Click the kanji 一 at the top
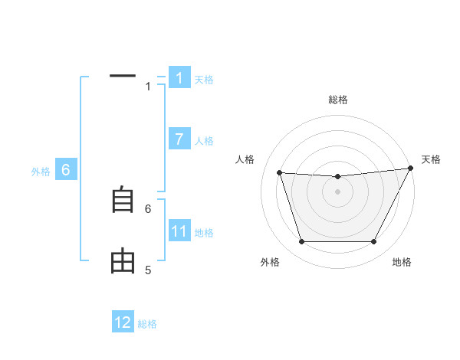(123, 76)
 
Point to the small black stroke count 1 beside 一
(148, 87)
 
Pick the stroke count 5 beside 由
(148, 270)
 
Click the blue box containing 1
(179, 78)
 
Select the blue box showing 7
(179, 139)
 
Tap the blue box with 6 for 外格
(66, 170)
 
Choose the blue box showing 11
(179, 231)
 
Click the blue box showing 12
(123, 322)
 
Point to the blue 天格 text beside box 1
(204, 80)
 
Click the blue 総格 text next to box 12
(147, 324)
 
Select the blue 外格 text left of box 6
(41, 172)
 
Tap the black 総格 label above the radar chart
(338, 100)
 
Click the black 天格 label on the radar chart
(432, 159)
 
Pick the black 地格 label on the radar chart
(402, 263)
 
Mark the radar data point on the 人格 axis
(279, 172)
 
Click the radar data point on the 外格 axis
(301, 242)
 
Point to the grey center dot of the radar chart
(337, 191)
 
